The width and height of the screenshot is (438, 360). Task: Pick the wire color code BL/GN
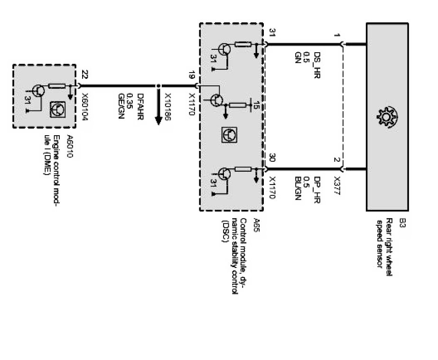[298, 189]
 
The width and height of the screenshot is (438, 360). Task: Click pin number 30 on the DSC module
[272, 157]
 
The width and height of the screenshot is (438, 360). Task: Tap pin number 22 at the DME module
[84, 74]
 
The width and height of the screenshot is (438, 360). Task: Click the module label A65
[257, 223]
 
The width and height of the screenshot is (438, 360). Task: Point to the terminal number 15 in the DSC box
[257, 105]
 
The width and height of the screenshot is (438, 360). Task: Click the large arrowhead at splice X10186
[158, 121]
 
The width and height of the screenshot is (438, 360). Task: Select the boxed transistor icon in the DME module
[57, 109]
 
